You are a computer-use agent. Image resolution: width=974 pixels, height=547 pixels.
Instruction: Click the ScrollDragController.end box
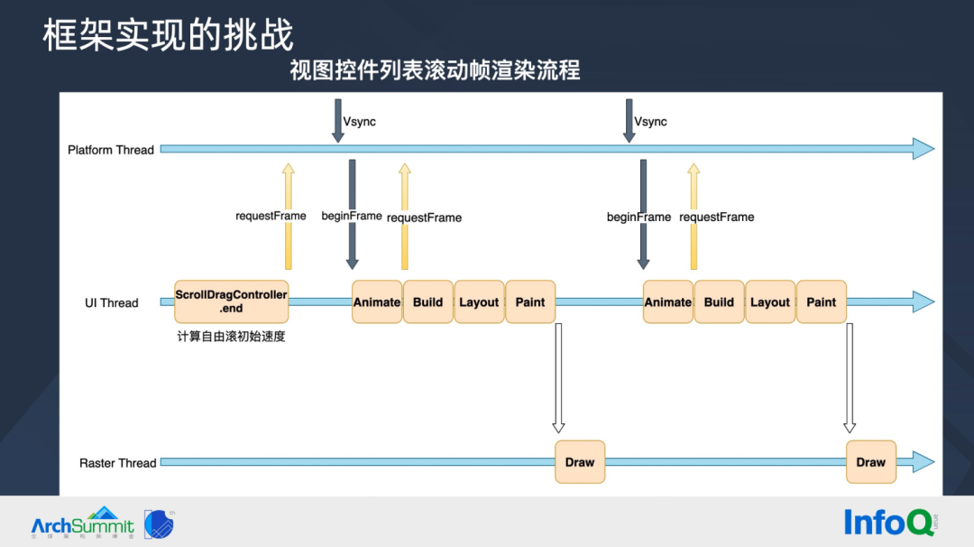pyautogui.click(x=231, y=301)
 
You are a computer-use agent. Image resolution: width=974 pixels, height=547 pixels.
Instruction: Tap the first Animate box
pyautogui.click(x=377, y=302)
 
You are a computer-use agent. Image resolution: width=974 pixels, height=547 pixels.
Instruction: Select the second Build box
pyautogui.click(x=719, y=302)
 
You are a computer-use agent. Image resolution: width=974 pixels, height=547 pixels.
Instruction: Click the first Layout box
pyautogui.click(x=479, y=302)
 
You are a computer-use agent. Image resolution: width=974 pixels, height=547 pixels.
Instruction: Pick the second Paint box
pyautogui.click(x=822, y=302)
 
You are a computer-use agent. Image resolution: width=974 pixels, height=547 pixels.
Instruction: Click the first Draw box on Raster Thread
pyautogui.click(x=580, y=462)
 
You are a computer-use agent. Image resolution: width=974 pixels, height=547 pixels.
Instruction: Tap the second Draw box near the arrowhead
pyautogui.click(x=871, y=462)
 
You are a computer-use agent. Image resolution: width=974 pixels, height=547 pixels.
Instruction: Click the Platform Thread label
pyautogui.click(x=111, y=150)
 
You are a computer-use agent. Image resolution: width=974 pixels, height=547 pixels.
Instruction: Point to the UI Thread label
pyautogui.click(x=112, y=303)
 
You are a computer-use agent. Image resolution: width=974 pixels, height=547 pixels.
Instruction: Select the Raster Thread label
pyautogui.click(x=118, y=463)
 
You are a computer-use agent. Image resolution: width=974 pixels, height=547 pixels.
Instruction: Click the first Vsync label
pyautogui.click(x=360, y=122)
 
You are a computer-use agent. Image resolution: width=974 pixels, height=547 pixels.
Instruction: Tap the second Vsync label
pyautogui.click(x=651, y=122)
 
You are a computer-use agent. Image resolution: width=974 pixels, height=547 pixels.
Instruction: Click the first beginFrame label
pyautogui.click(x=352, y=217)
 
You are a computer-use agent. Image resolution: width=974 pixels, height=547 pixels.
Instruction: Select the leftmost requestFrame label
pyautogui.click(x=271, y=217)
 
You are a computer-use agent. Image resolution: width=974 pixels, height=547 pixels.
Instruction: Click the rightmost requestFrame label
pyautogui.click(x=717, y=218)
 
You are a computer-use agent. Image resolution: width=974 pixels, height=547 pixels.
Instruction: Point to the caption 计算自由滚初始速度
pyautogui.click(x=232, y=337)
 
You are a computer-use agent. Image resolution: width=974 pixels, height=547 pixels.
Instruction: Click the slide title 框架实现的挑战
pyautogui.click(x=168, y=35)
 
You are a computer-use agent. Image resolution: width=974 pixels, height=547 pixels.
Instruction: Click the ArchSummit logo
pyautogui.click(x=83, y=524)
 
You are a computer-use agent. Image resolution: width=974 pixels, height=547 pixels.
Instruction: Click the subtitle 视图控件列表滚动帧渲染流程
pyautogui.click(x=435, y=70)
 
